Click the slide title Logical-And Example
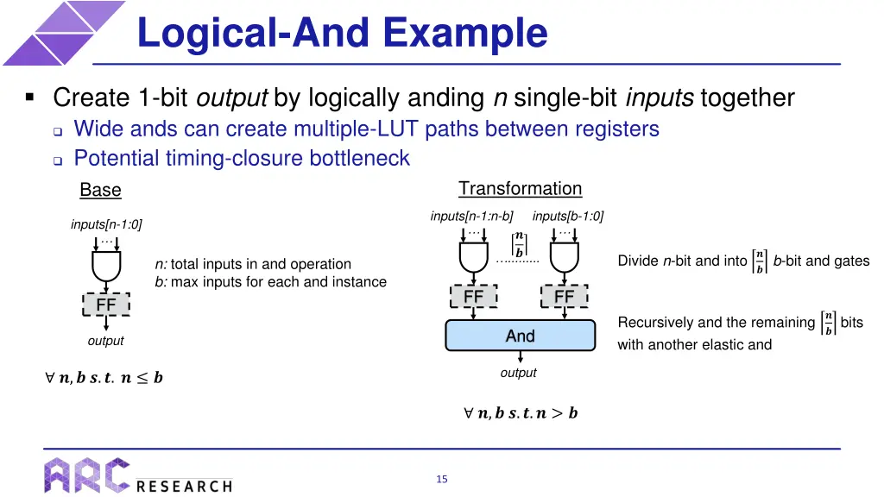[x=342, y=33]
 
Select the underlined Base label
[x=100, y=190]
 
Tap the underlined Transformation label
[x=520, y=189]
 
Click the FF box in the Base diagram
[x=106, y=305]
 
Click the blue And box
[x=520, y=336]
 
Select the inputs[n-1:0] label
[x=106, y=224]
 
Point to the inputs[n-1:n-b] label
[x=471, y=216]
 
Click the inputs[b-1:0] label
[x=568, y=216]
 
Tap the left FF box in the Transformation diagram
[x=474, y=297]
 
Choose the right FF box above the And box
[x=564, y=297]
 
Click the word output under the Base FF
[x=105, y=341]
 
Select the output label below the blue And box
[x=518, y=373]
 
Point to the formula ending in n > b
[x=521, y=413]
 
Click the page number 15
[x=441, y=480]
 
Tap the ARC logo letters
[x=86, y=475]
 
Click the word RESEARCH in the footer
[x=184, y=486]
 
